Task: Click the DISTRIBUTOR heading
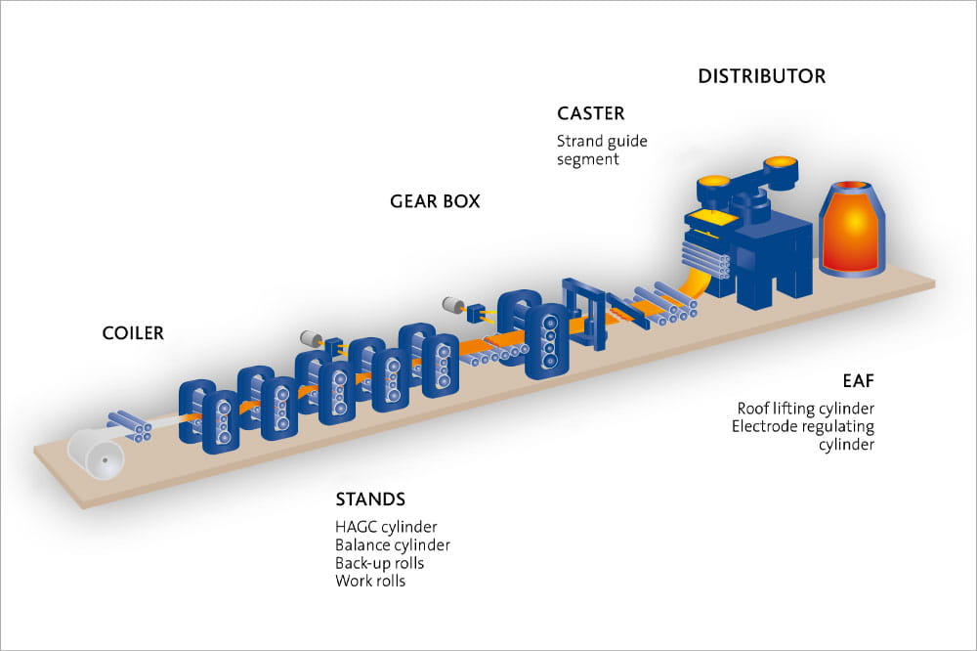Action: pyautogui.click(x=761, y=75)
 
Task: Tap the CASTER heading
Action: pyautogui.click(x=590, y=114)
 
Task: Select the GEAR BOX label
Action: pyautogui.click(x=435, y=202)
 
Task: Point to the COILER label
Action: pyautogui.click(x=133, y=333)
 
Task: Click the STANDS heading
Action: pyautogui.click(x=369, y=499)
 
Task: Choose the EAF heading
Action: pyautogui.click(x=858, y=380)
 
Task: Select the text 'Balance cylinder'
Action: pyautogui.click(x=392, y=545)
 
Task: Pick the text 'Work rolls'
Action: pyautogui.click(x=369, y=582)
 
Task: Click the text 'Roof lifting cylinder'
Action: pyautogui.click(x=805, y=408)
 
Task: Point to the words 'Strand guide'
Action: pyautogui.click(x=602, y=141)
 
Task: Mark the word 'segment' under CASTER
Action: pyautogui.click(x=587, y=159)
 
